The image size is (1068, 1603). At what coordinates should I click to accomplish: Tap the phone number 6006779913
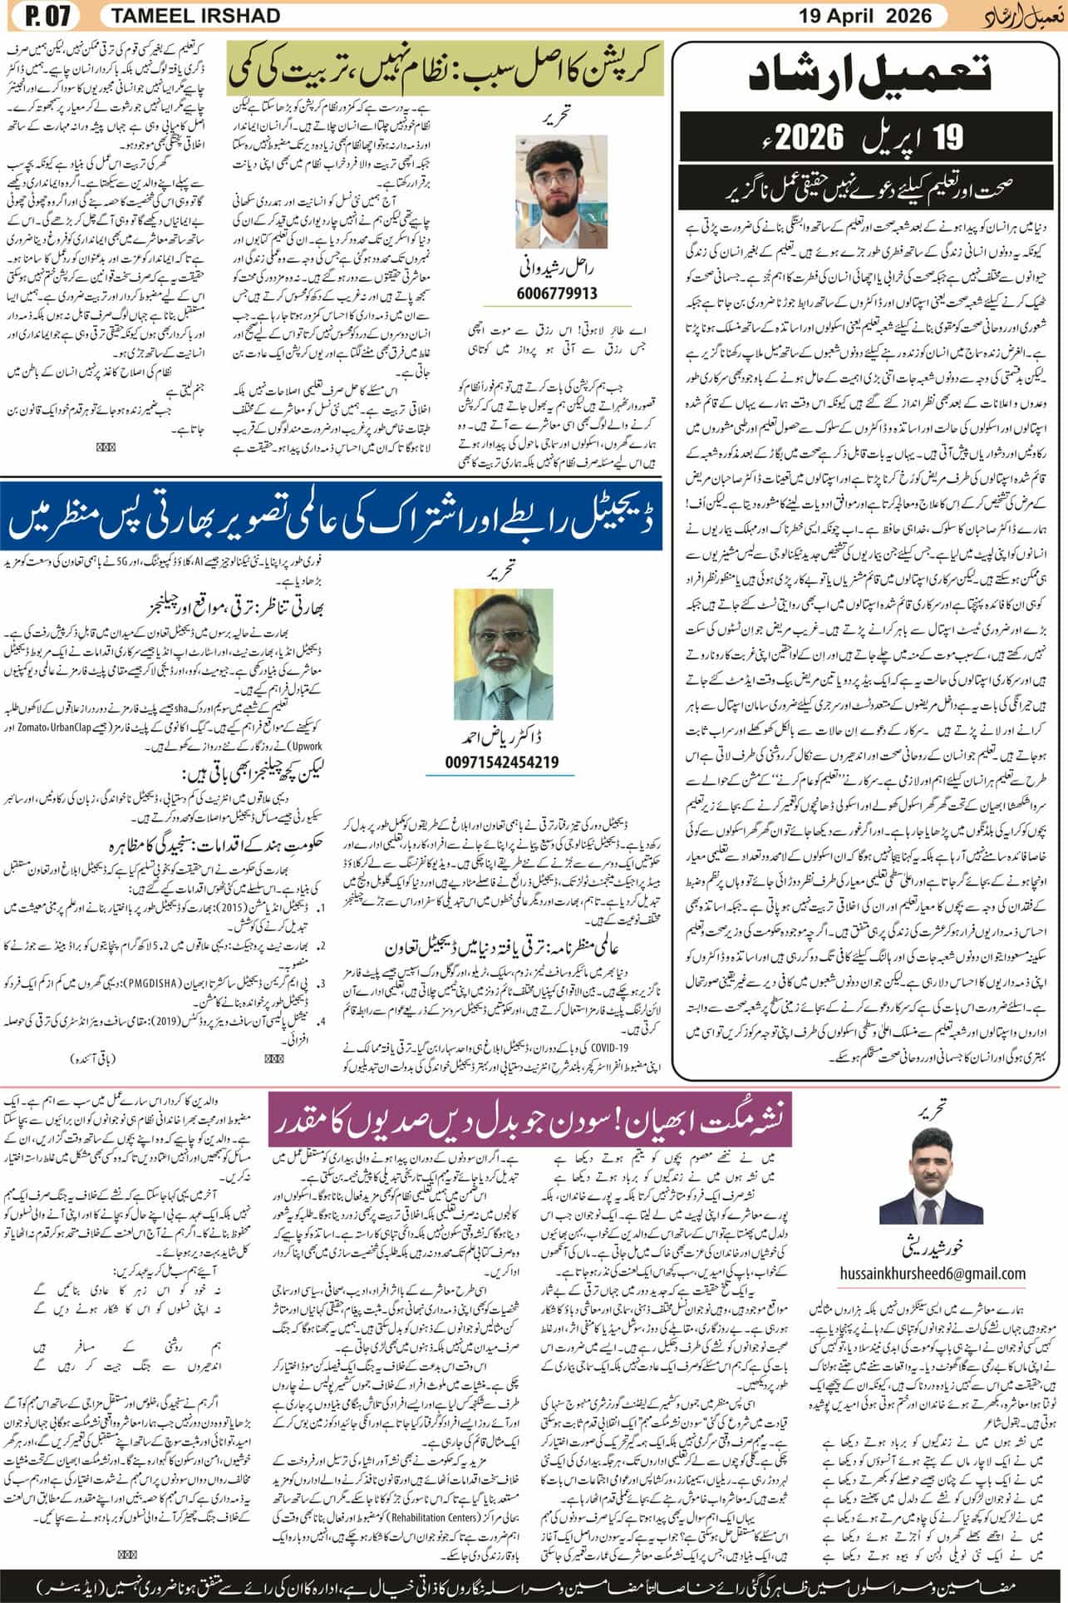pyautogui.click(x=557, y=293)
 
